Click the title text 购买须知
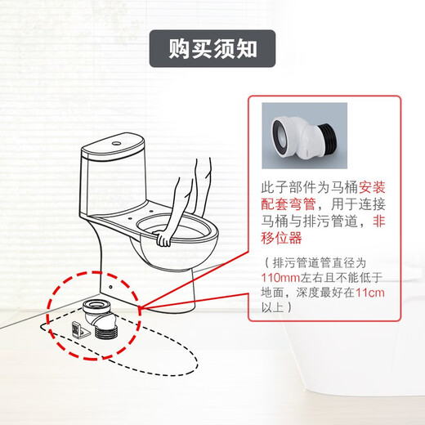(212, 47)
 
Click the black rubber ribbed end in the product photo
(328, 137)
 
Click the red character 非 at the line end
(381, 221)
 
